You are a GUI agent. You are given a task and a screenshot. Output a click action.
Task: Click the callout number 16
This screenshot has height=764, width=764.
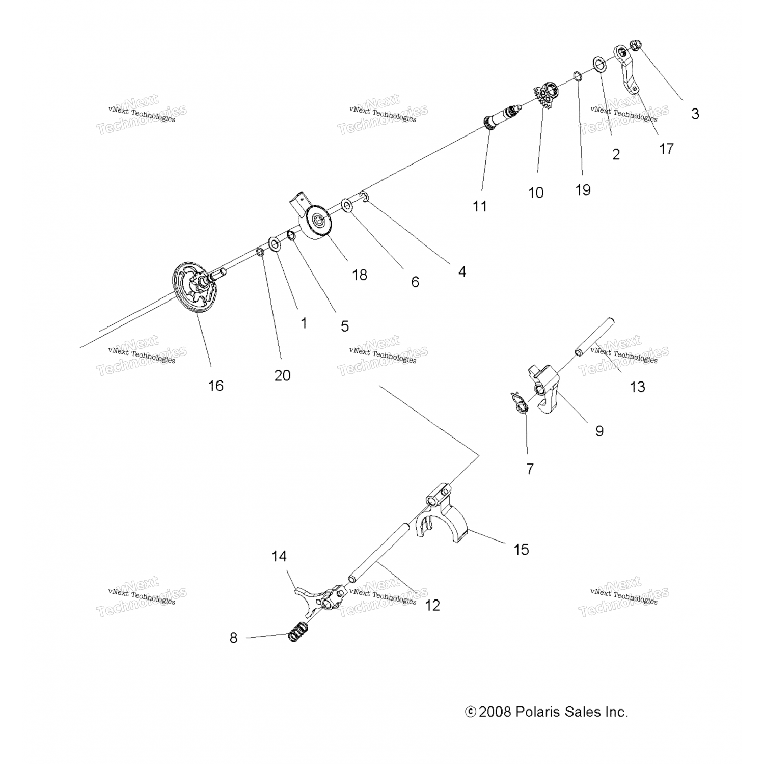[215, 386]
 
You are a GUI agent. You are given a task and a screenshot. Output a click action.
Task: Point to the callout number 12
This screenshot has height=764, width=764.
[432, 605]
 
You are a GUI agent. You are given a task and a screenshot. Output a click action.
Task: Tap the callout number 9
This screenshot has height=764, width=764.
[599, 431]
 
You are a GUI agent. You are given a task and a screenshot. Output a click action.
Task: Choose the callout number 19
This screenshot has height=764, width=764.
[583, 190]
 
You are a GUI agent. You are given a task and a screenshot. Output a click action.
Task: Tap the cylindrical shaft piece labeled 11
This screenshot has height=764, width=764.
[503, 118]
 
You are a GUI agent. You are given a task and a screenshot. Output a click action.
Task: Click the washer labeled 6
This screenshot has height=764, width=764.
[347, 206]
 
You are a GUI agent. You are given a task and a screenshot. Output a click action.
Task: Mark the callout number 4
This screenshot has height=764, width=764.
[462, 271]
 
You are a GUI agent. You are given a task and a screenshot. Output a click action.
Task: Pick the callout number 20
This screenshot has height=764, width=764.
[282, 375]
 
